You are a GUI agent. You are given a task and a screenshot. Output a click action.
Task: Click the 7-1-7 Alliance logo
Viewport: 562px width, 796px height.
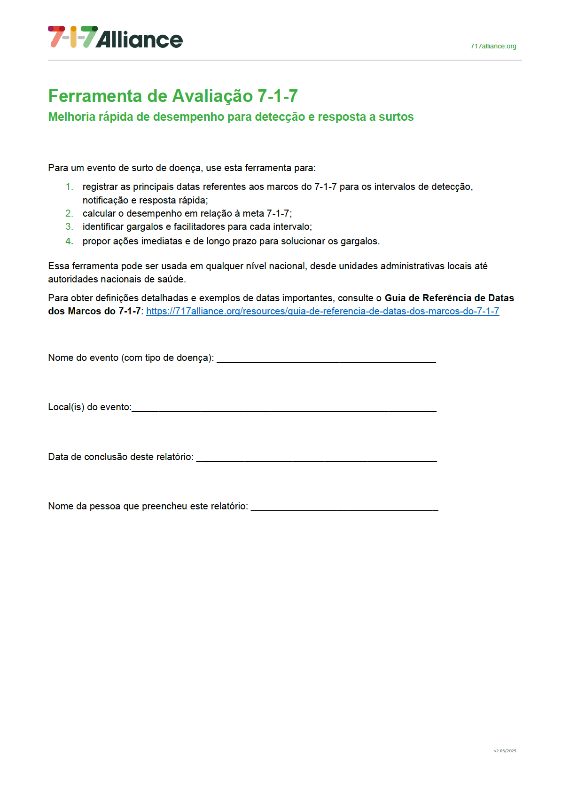point(115,37)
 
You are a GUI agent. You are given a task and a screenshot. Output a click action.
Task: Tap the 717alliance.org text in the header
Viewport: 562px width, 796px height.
point(493,46)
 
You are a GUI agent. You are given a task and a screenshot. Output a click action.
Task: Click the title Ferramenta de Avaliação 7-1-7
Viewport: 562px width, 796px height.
point(173,96)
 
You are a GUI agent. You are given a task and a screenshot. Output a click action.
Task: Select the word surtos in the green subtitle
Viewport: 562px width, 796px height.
point(396,117)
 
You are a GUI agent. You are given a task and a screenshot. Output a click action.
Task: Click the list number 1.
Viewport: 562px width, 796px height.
point(69,187)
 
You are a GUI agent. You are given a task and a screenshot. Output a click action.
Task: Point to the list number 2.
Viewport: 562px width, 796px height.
point(69,213)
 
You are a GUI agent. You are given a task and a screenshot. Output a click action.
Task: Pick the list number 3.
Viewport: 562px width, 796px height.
point(69,226)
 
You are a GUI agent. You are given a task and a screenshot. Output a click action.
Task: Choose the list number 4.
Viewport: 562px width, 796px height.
point(69,241)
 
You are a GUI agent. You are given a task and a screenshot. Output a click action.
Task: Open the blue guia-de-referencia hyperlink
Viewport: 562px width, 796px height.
point(322,311)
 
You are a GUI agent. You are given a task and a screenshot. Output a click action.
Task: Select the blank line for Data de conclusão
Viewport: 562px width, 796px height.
point(316,459)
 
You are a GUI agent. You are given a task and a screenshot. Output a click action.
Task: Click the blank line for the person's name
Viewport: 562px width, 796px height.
point(344,508)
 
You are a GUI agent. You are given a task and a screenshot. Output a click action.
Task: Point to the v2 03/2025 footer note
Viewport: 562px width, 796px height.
point(505,751)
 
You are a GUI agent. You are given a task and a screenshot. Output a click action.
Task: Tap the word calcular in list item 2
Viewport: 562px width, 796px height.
point(99,213)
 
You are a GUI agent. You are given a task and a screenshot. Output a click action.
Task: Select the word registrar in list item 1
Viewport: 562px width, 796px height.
point(100,187)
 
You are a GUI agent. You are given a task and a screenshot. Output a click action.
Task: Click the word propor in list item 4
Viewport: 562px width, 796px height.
point(96,241)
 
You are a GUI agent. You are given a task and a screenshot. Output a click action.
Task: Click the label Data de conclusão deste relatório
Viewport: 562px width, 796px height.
point(120,457)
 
